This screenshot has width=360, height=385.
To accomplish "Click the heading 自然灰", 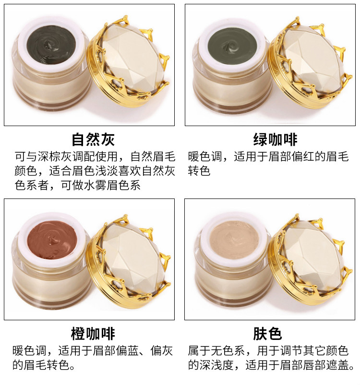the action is [x=93, y=140].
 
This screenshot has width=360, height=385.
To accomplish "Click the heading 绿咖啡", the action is [x=275, y=140].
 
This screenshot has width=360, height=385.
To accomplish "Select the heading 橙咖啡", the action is [x=93, y=334].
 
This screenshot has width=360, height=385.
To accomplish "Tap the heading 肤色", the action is [x=268, y=334].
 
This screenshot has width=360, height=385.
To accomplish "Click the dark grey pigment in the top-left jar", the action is [x=51, y=45].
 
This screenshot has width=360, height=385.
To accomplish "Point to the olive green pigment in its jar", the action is [x=232, y=45].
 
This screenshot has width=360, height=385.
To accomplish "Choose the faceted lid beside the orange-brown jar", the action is [x=129, y=261].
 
